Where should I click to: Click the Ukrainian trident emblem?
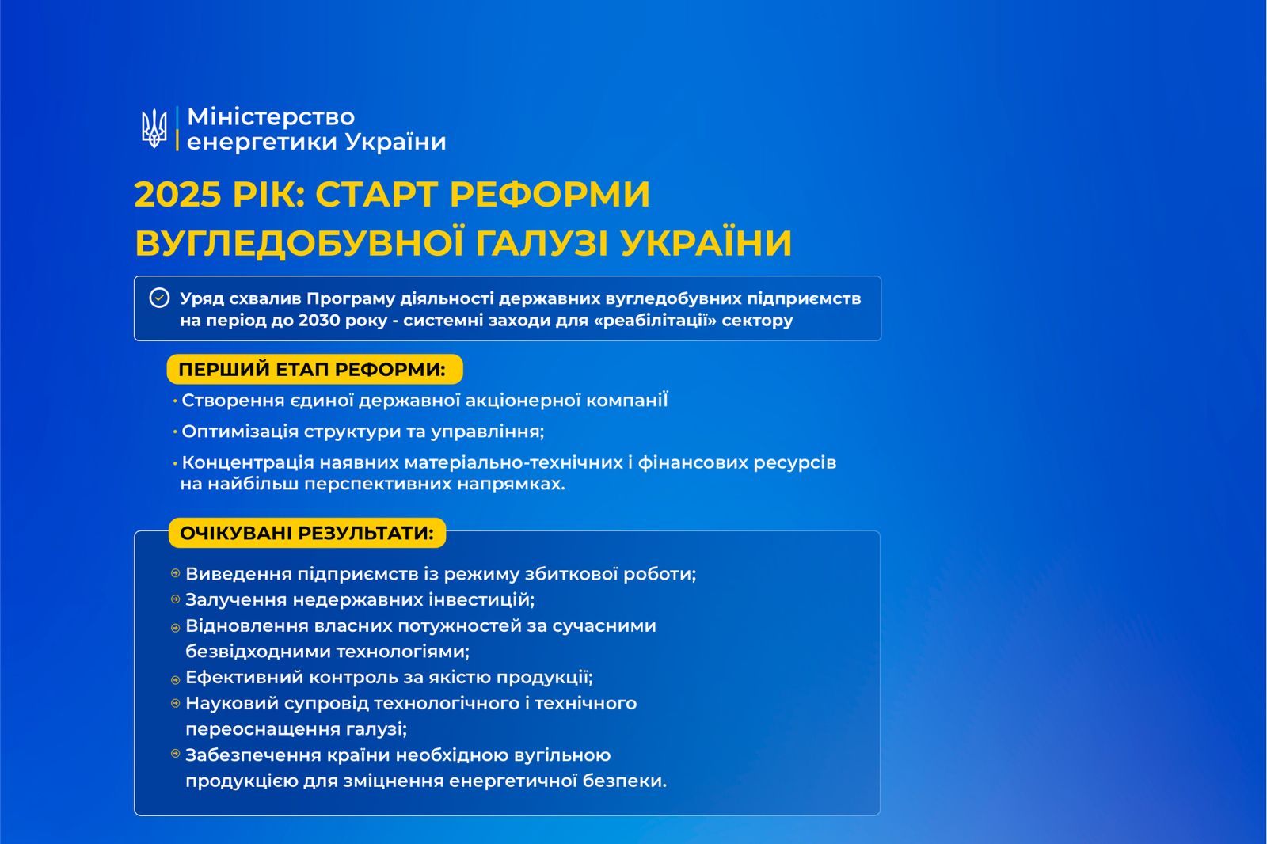pyautogui.click(x=154, y=129)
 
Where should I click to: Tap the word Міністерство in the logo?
pyautogui.click(x=271, y=117)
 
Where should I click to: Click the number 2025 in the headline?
pyautogui.click(x=177, y=195)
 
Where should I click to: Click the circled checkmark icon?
pyautogui.click(x=159, y=298)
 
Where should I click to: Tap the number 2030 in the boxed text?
pyautogui.click(x=319, y=320)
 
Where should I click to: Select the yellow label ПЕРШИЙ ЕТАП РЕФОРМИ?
pyautogui.click(x=314, y=370)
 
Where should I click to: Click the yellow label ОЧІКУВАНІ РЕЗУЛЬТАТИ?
pyautogui.click(x=307, y=533)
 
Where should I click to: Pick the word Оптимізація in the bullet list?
pyautogui.click(x=240, y=432)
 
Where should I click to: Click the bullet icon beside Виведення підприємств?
pyautogui.click(x=175, y=573)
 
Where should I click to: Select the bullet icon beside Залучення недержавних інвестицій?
pyautogui.click(x=175, y=599)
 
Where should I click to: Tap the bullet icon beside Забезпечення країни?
pyautogui.click(x=175, y=754)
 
